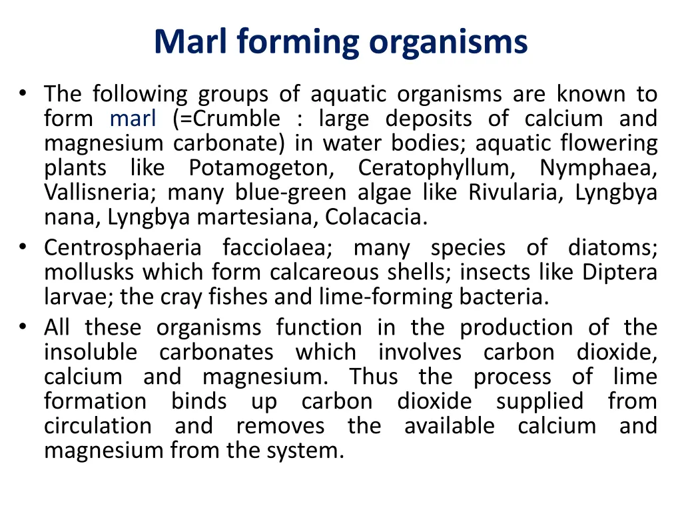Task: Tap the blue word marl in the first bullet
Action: [133, 119]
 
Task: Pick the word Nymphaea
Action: [598, 168]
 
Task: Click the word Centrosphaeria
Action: [123, 248]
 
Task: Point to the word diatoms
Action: [612, 248]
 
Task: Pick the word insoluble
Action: [91, 352]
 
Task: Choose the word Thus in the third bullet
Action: [374, 377]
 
